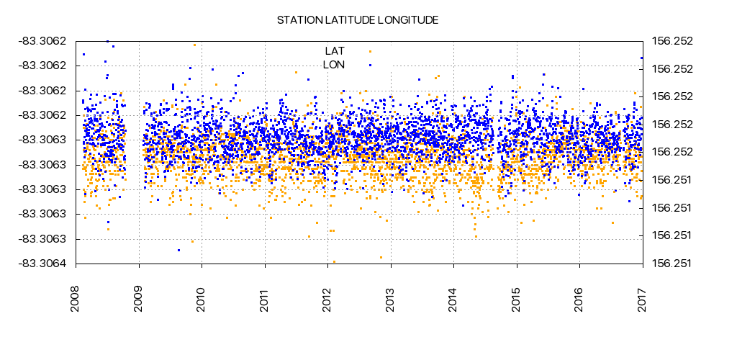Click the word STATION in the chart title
(x=298, y=20)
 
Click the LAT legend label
(x=335, y=51)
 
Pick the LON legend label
(x=334, y=65)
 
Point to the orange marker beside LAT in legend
(x=370, y=51)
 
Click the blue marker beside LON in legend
(x=370, y=65)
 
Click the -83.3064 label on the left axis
(x=42, y=264)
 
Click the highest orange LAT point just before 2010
(x=194, y=45)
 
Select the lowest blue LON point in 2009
(x=178, y=250)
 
